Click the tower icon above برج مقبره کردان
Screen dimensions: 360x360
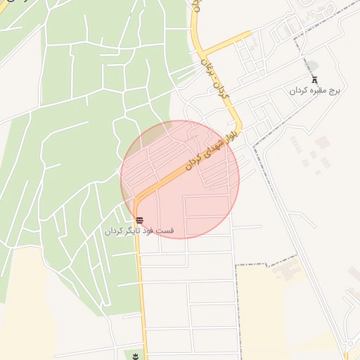[x=314, y=80]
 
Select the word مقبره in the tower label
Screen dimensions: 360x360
[x=317, y=91]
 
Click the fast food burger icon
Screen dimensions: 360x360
[x=139, y=220]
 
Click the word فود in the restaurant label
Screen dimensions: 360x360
[x=150, y=231]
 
